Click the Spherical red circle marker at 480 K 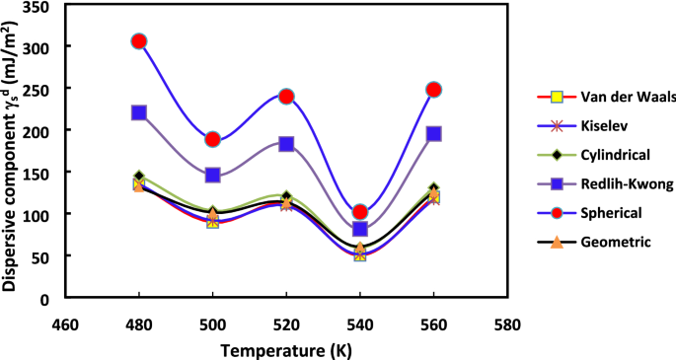click(139, 41)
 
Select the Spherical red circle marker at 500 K click(212, 139)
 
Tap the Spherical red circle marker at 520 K click(286, 97)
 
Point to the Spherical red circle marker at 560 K click(433, 90)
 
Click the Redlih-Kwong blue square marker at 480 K click(139, 112)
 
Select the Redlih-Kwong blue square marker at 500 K click(212, 175)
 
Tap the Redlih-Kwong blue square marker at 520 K click(286, 144)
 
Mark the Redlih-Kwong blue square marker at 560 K click(433, 133)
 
